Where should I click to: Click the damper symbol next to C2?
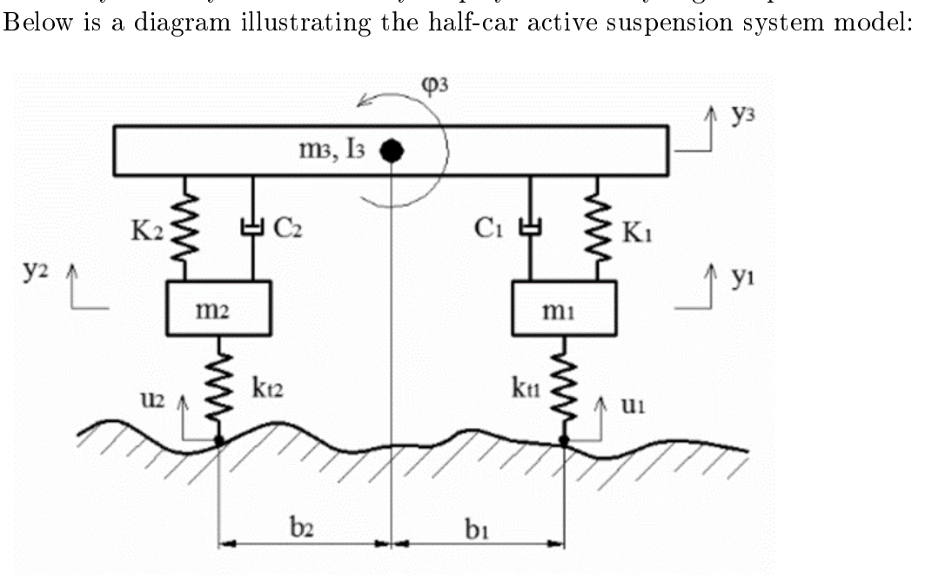(x=252, y=229)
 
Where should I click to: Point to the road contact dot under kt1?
(x=564, y=442)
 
